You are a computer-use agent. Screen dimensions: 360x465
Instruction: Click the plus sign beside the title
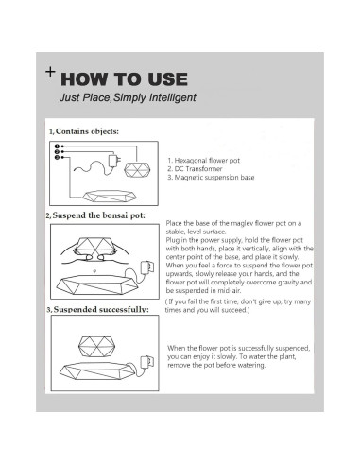(x=50, y=72)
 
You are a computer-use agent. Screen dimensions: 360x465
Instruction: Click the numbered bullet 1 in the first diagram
(x=57, y=146)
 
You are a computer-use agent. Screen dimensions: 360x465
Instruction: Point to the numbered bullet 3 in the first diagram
(x=57, y=157)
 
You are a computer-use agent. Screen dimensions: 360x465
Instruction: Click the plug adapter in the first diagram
(x=113, y=161)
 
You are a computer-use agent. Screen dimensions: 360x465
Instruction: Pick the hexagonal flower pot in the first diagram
(x=137, y=170)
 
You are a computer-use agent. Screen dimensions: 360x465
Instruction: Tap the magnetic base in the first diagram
(x=110, y=196)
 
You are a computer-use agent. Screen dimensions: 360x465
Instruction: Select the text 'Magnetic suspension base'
(x=214, y=178)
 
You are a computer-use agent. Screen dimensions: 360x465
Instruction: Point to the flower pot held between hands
(x=95, y=246)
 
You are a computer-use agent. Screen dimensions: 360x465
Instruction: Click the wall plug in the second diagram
(x=147, y=267)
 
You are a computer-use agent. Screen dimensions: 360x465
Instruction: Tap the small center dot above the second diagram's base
(x=94, y=270)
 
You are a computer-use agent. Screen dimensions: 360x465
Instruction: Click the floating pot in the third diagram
(x=96, y=346)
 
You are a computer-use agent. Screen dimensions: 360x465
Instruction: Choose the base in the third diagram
(x=98, y=370)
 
